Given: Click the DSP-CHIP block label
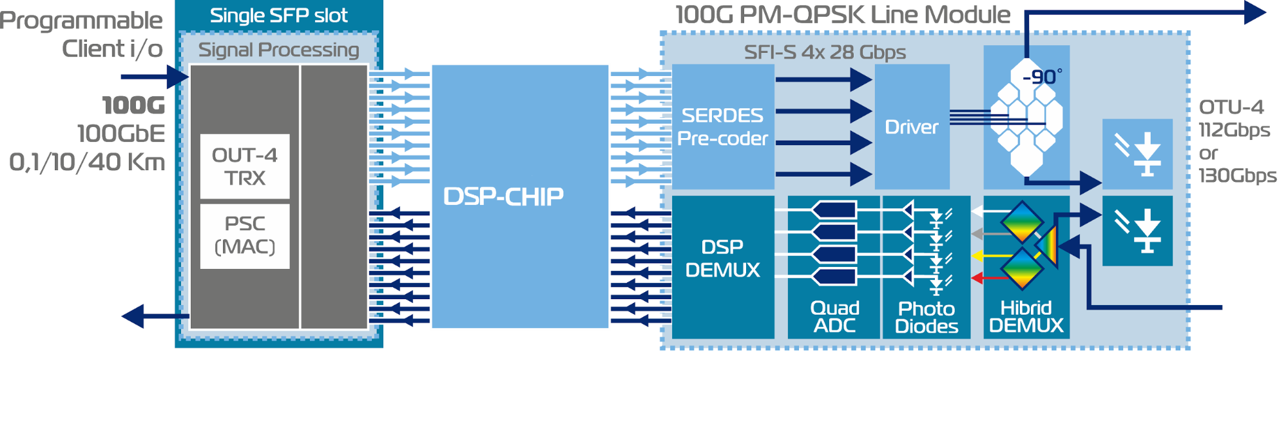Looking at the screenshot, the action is (x=503, y=197).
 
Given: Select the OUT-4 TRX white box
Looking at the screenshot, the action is (x=245, y=166).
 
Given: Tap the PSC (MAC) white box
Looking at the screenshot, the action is (x=245, y=236).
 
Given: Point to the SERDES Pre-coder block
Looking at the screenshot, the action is (x=723, y=126).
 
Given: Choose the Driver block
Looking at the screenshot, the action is (x=912, y=126).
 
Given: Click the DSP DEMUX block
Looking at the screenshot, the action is (x=723, y=267).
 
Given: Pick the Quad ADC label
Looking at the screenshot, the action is (x=834, y=317).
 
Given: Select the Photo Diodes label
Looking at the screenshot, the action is (x=927, y=317).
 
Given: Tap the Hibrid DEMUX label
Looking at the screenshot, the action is (x=1026, y=317).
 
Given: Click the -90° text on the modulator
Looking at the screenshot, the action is (x=1042, y=77).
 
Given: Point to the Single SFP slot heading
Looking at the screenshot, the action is (x=278, y=15).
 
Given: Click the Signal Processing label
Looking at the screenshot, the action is (x=278, y=50).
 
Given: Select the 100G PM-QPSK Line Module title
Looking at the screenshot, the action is (x=843, y=15).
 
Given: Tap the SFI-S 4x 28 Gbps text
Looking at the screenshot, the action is (x=825, y=52).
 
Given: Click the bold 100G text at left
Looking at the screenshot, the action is (x=133, y=105).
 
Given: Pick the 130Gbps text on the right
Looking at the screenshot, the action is (x=1237, y=175).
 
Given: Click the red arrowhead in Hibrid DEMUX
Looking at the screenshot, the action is (x=977, y=278).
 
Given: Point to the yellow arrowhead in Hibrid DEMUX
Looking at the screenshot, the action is (x=977, y=256).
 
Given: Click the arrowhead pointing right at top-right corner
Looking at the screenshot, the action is (x=1255, y=12).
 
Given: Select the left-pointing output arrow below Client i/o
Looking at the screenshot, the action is (x=155, y=317).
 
